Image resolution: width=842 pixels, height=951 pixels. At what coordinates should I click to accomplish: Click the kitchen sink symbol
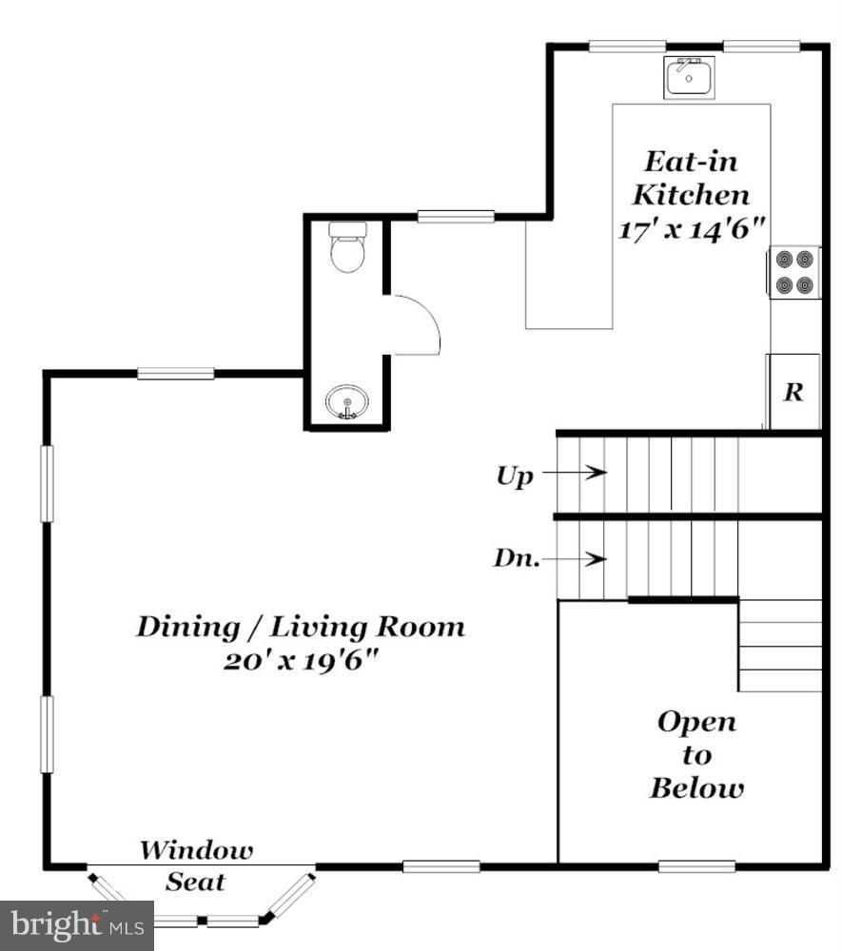click(x=689, y=76)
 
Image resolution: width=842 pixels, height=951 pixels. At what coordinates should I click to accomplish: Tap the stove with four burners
click(x=793, y=272)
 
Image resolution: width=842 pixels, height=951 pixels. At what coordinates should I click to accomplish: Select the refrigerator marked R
click(x=793, y=392)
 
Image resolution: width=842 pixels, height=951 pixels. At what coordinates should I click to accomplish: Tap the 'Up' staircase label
click(x=515, y=475)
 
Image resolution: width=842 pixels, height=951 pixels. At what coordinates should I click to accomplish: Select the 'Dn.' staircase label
click(x=516, y=558)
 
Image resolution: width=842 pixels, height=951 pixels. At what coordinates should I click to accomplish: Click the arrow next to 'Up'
click(x=582, y=472)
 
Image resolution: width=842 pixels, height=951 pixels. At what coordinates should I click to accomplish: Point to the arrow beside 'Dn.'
click(x=582, y=558)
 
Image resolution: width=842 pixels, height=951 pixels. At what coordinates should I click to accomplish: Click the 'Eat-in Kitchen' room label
click(x=691, y=178)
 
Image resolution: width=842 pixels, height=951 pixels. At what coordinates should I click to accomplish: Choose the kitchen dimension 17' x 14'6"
click(x=692, y=230)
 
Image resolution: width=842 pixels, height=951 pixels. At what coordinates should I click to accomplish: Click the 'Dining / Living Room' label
click(x=301, y=627)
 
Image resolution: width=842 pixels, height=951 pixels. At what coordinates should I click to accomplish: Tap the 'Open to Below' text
click(x=696, y=755)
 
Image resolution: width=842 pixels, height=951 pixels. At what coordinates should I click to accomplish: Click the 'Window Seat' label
click(x=197, y=864)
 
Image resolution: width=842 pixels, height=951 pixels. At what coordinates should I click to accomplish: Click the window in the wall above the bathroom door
click(x=455, y=217)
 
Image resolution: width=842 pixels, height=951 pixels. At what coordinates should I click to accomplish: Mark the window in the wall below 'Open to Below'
click(x=696, y=865)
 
